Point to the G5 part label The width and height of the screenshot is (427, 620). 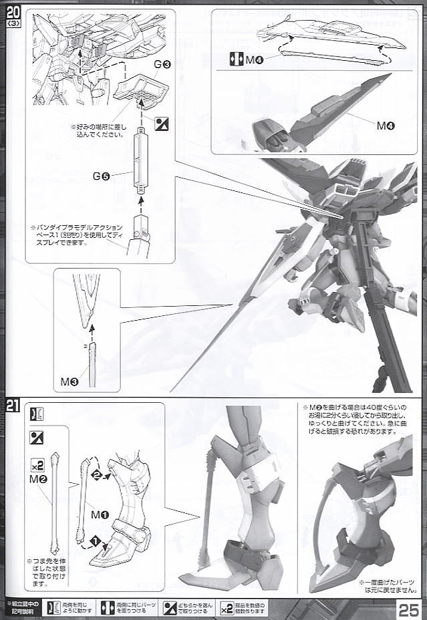pyautogui.click(x=102, y=176)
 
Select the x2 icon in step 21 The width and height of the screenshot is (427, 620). pyautogui.click(x=37, y=464)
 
